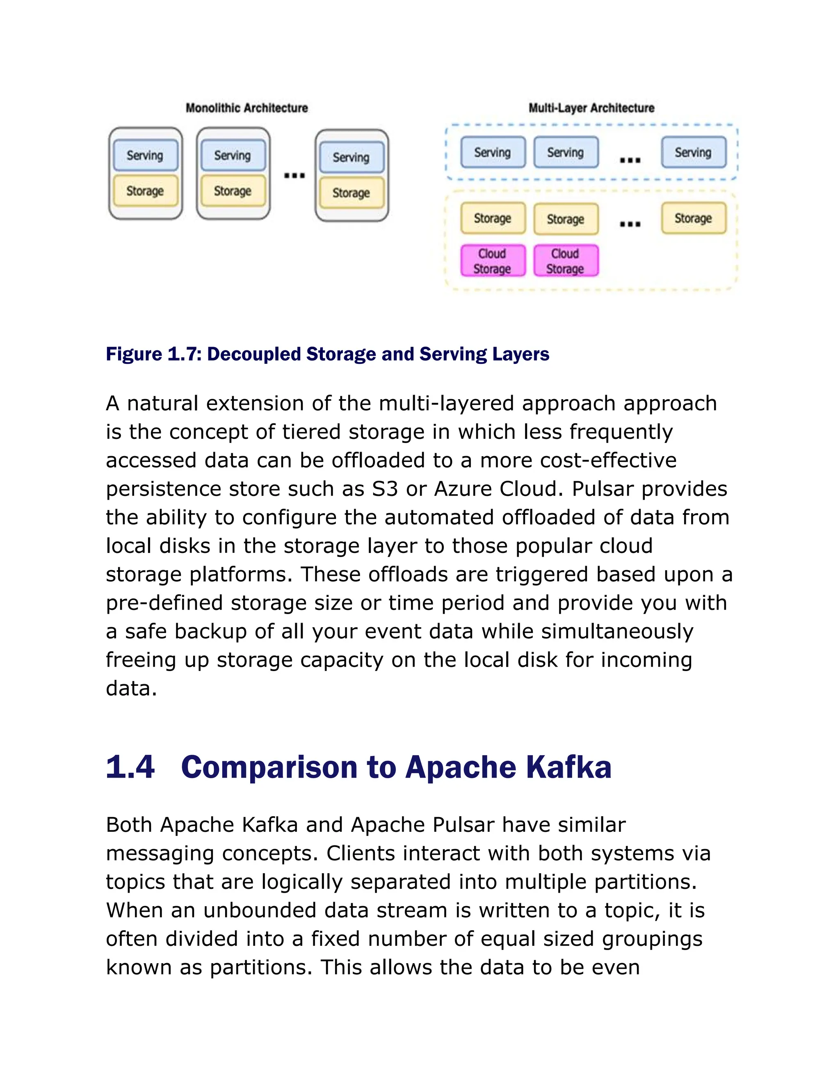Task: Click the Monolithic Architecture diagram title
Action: (x=247, y=108)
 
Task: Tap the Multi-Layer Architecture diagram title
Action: (x=591, y=108)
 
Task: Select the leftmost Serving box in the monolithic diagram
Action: (x=145, y=155)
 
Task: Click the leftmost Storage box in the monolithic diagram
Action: (x=145, y=191)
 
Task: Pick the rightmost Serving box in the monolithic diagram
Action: (x=352, y=157)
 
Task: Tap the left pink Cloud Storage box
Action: (x=492, y=261)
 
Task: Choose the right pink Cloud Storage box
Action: (x=565, y=261)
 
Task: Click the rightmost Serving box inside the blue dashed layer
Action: (x=693, y=152)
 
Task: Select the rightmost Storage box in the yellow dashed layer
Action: (x=693, y=218)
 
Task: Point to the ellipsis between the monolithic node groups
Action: (x=294, y=175)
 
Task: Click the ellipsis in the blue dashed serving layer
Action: (x=630, y=160)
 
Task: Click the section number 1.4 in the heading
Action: (x=130, y=767)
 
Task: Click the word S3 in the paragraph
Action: (x=385, y=489)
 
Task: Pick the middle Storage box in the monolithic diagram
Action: (x=233, y=191)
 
